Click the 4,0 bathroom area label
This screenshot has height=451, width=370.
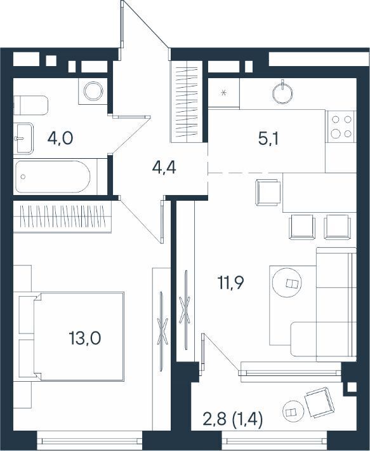[60, 138]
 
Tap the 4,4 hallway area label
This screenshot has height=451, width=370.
[164, 168]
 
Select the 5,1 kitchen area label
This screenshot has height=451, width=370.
[268, 139]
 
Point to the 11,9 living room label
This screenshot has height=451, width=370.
[230, 283]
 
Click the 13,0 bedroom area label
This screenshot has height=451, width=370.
[85, 338]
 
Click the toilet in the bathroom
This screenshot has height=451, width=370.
[30, 105]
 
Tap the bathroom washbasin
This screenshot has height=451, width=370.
[23, 138]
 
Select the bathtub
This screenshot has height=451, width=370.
[53, 177]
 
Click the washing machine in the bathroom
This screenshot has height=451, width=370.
[93, 91]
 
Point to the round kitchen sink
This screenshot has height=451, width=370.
[282, 93]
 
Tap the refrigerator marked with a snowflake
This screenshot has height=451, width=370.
[224, 93]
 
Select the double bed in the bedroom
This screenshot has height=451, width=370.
[79, 337]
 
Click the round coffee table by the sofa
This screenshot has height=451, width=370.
[287, 283]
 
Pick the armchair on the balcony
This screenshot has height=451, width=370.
[319, 402]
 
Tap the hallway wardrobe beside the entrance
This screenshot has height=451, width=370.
[187, 102]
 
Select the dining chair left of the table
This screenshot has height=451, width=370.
[268, 192]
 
